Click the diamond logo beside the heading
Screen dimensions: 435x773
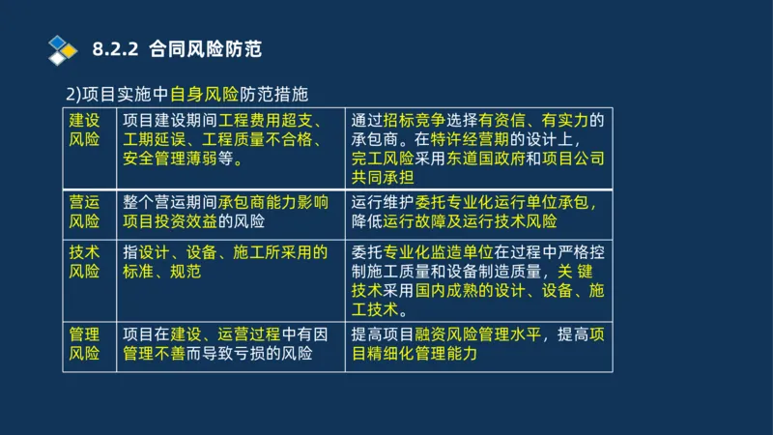62,47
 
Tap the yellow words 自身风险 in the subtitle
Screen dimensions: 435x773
204,95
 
